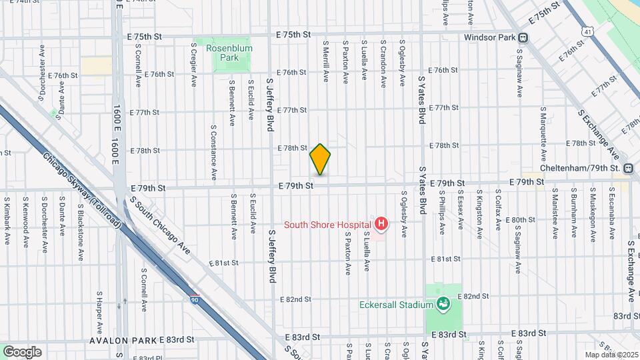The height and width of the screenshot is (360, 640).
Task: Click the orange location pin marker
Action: pos(321,159)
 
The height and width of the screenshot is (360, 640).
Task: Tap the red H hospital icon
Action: pos(381,224)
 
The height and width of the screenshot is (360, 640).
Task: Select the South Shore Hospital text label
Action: pos(327,225)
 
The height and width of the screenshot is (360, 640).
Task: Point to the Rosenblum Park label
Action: pos(223,53)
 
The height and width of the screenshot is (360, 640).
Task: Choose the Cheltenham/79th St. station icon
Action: pos(628,169)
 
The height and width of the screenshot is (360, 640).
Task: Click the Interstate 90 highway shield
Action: pos(194,297)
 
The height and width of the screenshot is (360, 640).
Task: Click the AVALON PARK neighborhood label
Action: pos(124,339)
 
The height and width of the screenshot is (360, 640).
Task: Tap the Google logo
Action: pos(22,351)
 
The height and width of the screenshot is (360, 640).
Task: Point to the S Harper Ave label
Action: pos(99,312)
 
